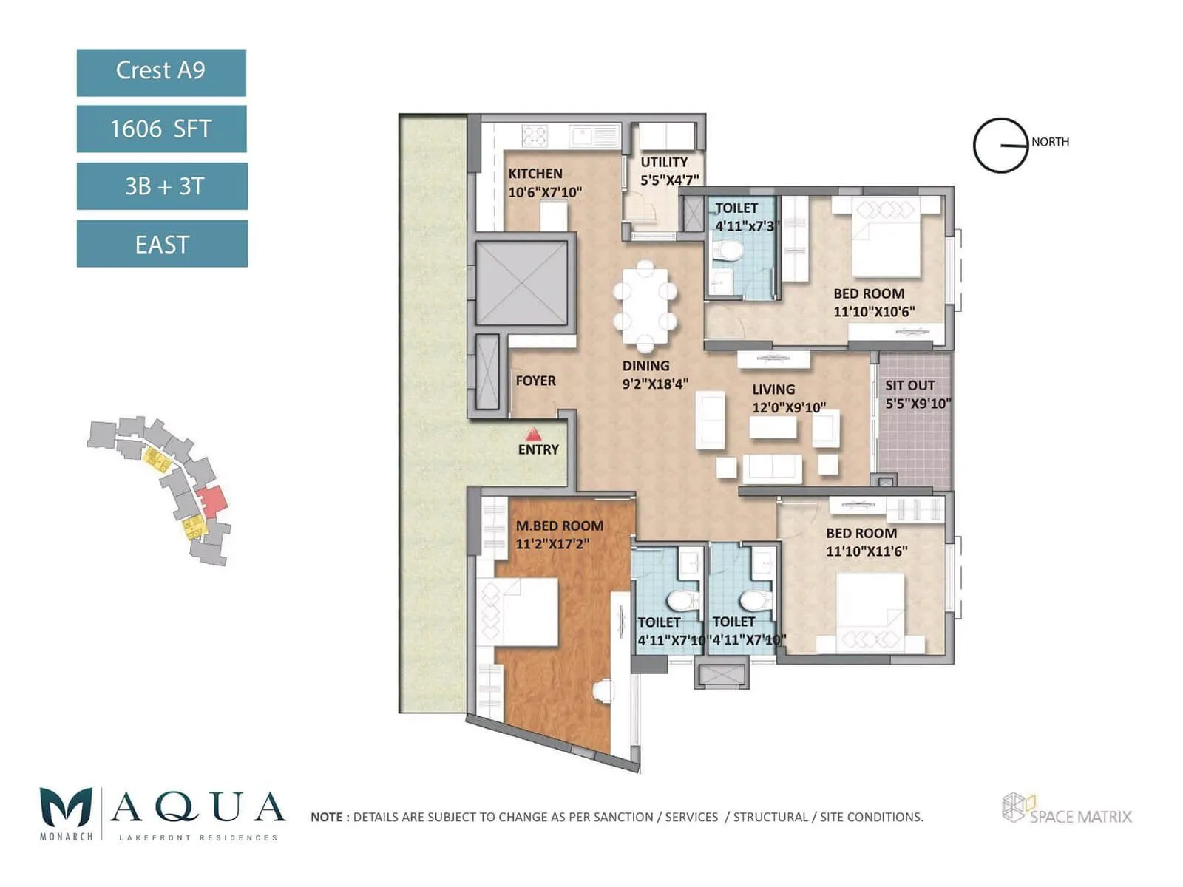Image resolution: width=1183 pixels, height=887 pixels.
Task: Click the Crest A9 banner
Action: tap(161, 72)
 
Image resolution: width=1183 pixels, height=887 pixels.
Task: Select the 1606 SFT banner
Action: tap(161, 129)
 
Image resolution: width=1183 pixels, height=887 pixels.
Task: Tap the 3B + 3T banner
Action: tap(163, 186)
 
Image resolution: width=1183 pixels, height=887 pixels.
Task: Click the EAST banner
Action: tap(163, 244)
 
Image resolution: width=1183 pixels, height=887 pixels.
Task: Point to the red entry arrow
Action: tap(533, 434)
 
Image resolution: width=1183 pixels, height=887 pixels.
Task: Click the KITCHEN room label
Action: tap(535, 174)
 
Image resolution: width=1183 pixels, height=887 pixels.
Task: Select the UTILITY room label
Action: tap(664, 162)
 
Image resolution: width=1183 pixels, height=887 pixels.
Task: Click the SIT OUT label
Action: tap(910, 386)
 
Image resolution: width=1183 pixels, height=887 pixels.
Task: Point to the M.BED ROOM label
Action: tap(560, 526)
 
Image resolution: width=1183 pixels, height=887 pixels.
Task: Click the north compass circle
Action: tap(1000, 146)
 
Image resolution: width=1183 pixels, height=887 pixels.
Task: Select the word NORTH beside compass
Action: tap(1050, 142)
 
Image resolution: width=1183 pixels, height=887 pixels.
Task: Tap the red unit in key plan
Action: tap(212, 501)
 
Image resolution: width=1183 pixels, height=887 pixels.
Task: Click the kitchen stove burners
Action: tap(535, 136)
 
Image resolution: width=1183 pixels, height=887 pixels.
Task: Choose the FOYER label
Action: tap(535, 381)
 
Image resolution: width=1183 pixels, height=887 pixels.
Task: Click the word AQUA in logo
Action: tap(197, 808)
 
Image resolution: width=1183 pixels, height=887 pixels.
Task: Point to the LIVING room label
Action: tap(773, 390)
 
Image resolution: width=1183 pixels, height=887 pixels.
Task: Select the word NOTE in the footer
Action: tap(326, 818)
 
